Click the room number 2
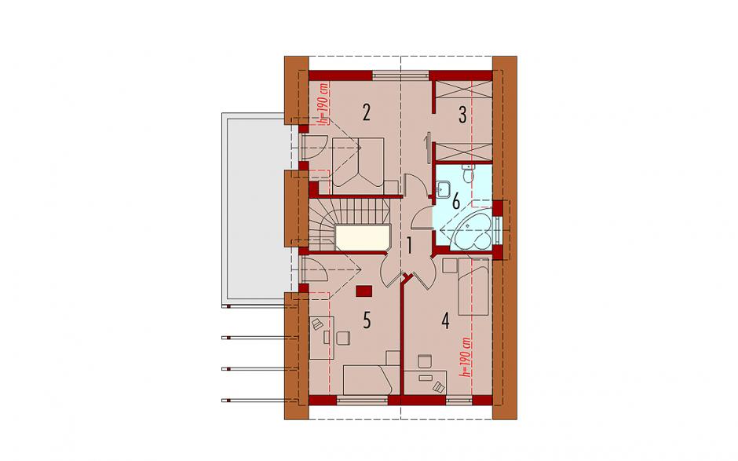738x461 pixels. tap(366, 113)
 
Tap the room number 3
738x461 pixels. tap(462, 115)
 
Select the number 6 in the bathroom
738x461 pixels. tap(455, 202)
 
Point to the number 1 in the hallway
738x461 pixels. tap(410, 245)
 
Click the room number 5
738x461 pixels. tap(367, 320)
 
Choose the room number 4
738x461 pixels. tap(445, 321)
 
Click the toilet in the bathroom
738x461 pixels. tap(468, 174)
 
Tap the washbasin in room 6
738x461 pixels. tap(444, 189)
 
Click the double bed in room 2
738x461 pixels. tap(358, 165)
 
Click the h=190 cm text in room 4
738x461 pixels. tap(467, 357)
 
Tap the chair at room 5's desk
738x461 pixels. tap(343, 338)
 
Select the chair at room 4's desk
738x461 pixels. tap(425, 361)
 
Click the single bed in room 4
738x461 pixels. tap(473, 287)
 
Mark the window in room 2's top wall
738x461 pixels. tap(400, 74)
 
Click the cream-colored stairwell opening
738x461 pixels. tap(362, 237)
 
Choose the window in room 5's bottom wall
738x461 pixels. tap(362, 401)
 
